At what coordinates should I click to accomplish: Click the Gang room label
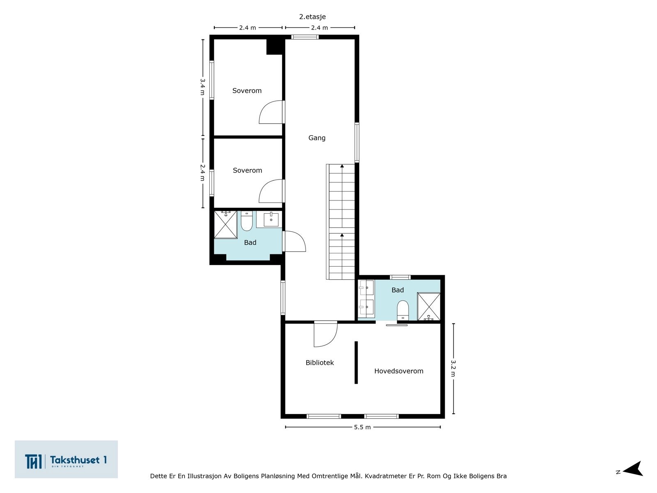(317, 138)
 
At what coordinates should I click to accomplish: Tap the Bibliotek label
(319, 362)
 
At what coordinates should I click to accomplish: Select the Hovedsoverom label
(399, 371)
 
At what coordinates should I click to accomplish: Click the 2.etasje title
(312, 17)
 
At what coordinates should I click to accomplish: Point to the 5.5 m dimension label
(362, 427)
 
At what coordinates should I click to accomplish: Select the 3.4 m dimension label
(202, 87)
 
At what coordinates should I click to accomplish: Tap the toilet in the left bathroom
(247, 221)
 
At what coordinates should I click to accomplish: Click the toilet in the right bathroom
(403, 311)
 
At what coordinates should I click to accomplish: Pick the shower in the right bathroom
(429, 307)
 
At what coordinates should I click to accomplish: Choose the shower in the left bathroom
(226, 225)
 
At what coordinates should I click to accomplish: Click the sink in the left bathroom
(271, 219)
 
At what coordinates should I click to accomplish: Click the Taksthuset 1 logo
(66, 459)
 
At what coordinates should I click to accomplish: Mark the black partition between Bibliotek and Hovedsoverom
(356, 362)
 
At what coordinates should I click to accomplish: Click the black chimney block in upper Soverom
(274, 47)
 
